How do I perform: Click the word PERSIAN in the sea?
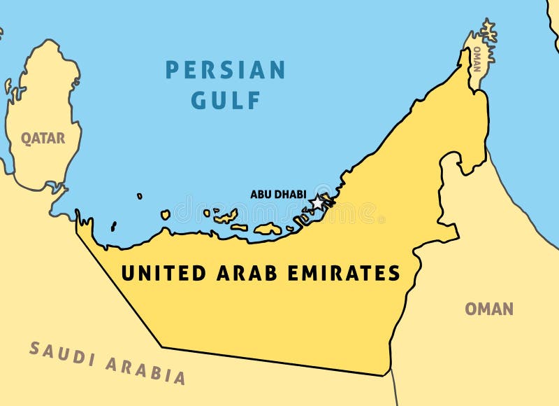pos(225,70)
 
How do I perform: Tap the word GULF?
pos(226,100)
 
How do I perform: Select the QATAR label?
pos(43,139)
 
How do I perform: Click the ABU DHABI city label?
pos(278,194)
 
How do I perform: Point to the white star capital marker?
pos(317,203)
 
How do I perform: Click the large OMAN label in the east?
pos(489,309)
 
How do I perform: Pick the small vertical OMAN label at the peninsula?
pos(477,59)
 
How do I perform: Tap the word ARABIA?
pos(146,370)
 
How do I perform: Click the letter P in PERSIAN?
pos(172,70)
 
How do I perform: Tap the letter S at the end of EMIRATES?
pos(395,273)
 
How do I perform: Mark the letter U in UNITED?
pos(128,273)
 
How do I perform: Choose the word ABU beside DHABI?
pos(260,194)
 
